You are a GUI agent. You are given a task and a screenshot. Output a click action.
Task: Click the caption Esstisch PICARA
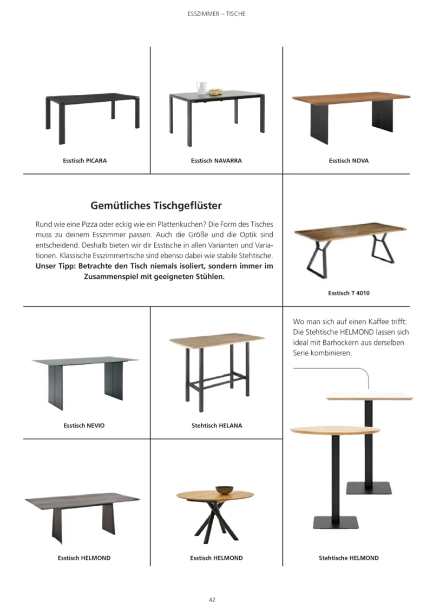pos(84,161)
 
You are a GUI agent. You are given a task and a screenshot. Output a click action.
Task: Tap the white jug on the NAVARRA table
pos(201,88)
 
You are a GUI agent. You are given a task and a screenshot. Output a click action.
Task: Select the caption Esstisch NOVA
pos(349,161)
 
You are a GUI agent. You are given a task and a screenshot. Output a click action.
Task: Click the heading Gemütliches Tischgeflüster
pos(156,206)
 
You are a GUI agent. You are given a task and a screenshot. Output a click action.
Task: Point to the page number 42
pos(212,599)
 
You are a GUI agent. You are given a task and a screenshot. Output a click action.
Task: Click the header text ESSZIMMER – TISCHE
pos(216,14)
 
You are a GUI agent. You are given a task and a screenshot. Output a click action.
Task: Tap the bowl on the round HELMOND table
pos(224,490)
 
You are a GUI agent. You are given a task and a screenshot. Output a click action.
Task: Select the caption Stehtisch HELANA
pos(216,426)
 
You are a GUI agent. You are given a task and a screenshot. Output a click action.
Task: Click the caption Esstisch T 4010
pos(349,293)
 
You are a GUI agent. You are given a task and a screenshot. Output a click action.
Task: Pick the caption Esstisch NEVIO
pos(84,426)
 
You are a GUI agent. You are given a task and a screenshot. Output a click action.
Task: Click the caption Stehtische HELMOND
pos(349,558)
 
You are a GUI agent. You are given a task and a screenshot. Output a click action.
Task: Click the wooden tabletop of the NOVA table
pos(351,98)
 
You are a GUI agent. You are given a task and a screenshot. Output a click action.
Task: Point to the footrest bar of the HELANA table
pos(216,375)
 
